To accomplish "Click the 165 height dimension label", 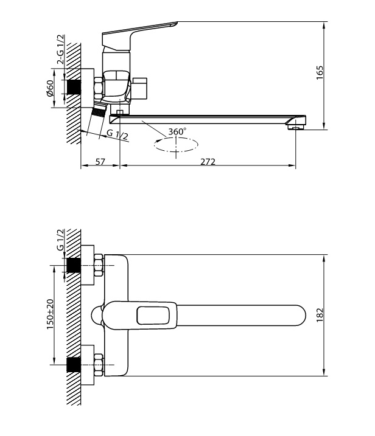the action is tap(320, 72).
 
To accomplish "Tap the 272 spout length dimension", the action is tap(208, 162).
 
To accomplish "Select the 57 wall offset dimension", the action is tap(100, 162).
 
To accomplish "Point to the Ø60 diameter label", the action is tap(50, 88).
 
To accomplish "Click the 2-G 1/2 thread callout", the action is tap(60, 49).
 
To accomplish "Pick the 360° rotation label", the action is tap(177, 131).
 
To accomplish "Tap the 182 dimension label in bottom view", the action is tap(320, 315).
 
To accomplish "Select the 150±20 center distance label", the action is tap(50, 314).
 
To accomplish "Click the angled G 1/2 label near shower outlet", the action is tap(117, 135).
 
